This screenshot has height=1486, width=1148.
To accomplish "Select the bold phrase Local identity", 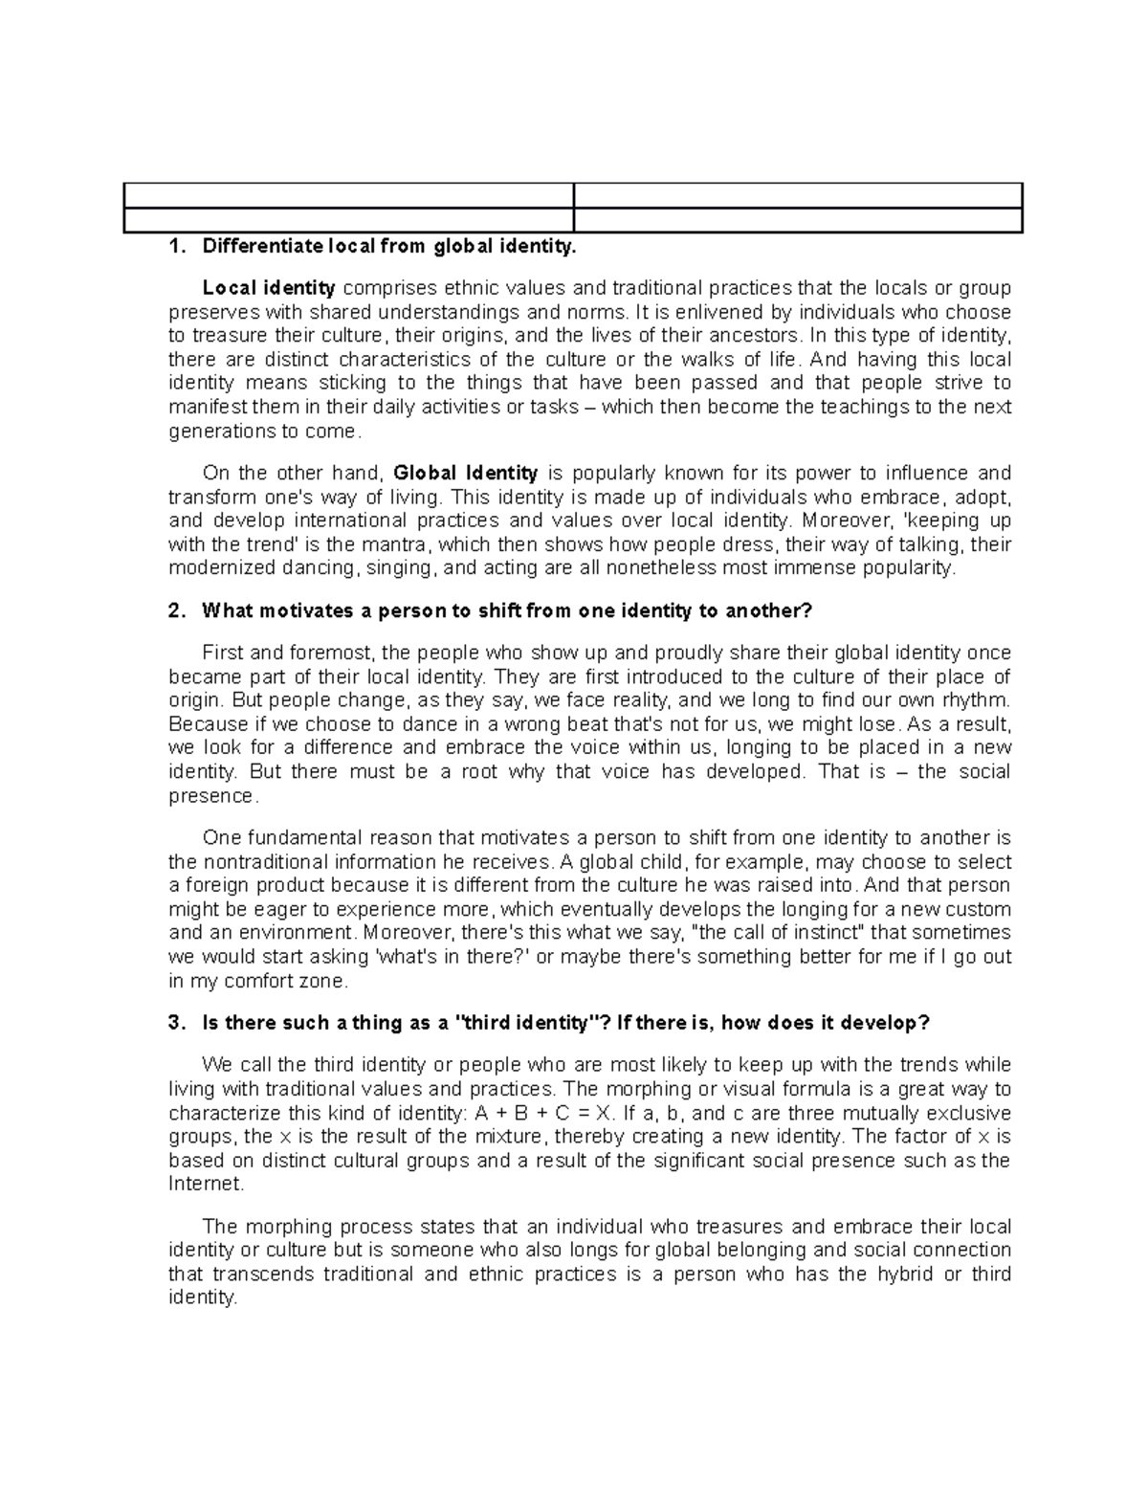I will pos(269,288).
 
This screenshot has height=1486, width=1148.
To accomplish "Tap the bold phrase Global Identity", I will pos(466,473).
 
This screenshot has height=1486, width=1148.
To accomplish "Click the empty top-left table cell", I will pos(348,195).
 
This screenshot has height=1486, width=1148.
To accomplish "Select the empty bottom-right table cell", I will pos(798,220).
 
